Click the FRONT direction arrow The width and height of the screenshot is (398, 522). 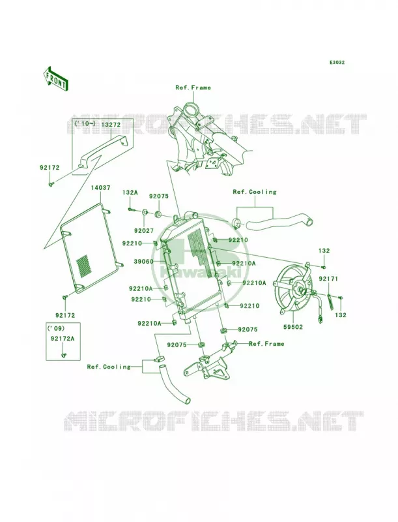(55, 78)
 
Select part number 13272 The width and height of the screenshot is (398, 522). (111, 124)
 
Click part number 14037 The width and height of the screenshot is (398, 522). (101, 188)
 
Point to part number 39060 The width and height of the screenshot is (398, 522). (143, 262)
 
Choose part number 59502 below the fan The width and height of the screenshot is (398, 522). (293, 328)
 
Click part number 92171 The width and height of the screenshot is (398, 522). (328, 279)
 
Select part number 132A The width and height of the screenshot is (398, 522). (130, 192)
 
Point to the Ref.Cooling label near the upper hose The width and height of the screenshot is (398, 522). (255, 192)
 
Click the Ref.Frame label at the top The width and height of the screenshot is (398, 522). (193, 87)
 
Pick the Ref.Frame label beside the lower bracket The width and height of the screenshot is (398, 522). (266, 344)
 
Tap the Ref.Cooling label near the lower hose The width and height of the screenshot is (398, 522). (109, 367)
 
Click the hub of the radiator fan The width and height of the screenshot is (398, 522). (301, 290)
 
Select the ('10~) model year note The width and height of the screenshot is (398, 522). (85, 124)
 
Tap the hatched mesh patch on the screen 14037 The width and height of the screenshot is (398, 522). (83, 266)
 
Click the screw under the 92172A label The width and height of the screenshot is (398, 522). (63, 355)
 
